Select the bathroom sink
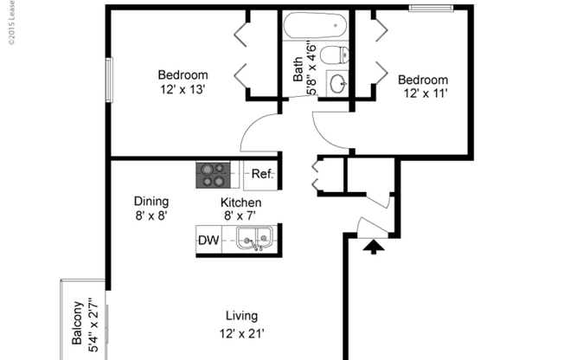338,84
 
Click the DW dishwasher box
208,240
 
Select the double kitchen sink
254,238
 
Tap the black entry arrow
372,248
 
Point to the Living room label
241,316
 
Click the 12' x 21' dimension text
241,332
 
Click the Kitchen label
240,202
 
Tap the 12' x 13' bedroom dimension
182,89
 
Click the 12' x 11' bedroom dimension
423,94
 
